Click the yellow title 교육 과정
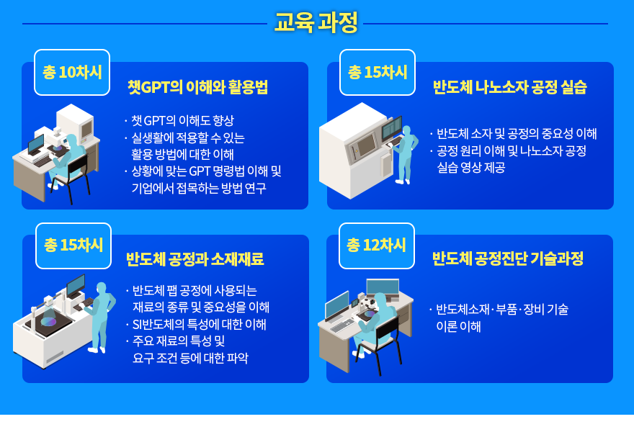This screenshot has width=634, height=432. pyautogui.click(x=316, y=22)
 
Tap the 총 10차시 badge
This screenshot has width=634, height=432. pyautogui.click(x=72, y=72)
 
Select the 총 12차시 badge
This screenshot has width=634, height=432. pyautogui.click(x=376, y=246)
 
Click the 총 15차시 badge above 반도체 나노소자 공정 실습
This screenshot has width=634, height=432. pyautogui.click(x=378, y=72)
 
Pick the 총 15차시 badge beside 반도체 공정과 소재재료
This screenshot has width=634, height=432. pyautogui.click(x=73, y=246)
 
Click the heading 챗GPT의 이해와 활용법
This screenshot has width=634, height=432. pyautogui.click(x=197, y=87)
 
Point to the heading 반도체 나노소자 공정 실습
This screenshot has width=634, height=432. pyautogui.click(x=509, y=87)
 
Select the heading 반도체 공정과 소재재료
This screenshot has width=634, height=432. pyautogui.click(x=195, y=259)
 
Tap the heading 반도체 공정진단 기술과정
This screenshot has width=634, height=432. pyautogui.click(x=507, y=258)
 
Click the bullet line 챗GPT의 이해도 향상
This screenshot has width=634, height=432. pyautogui.click(x=182, y=120)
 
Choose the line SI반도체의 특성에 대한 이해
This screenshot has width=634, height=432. pyautogui.click(x=200, y=324)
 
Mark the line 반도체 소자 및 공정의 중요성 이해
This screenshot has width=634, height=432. pyautogui.click(x=517, y=133)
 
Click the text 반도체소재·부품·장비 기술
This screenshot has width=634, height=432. pyautogui.click(x=502, y=310)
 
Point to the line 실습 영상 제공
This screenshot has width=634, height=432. pyautogui.click(x=471, y=167)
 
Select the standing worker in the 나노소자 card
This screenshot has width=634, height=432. pyautogui.click(x=406, y=156)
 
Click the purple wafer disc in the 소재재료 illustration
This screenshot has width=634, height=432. pyautogui.click(x=49, y=322)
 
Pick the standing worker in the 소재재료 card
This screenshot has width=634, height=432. pyautogui.click(x=100, y=318)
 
